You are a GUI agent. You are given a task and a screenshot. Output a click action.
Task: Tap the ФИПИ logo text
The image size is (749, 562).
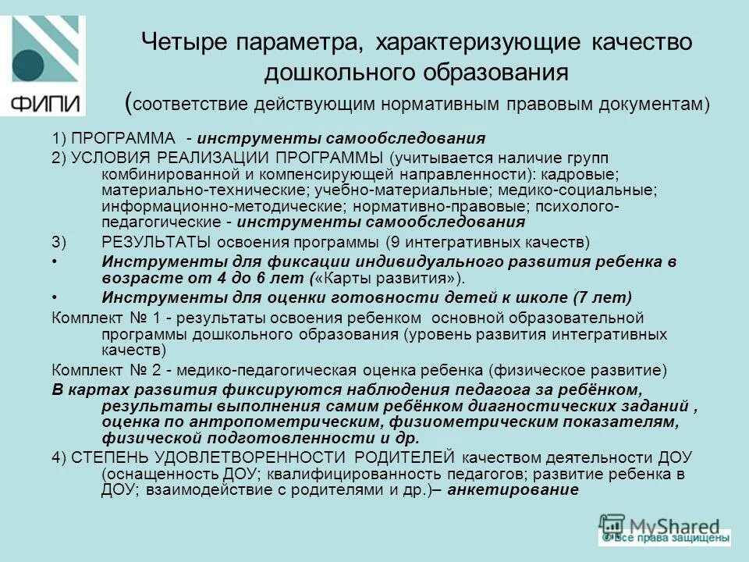pos(44,103)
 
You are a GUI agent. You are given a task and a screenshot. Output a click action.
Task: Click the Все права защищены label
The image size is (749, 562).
pos(669,538)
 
